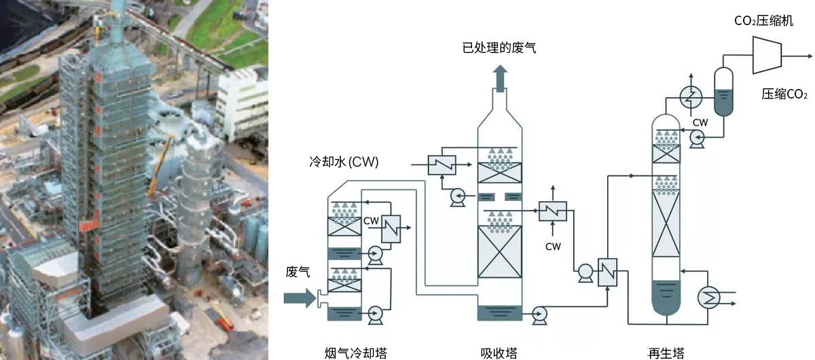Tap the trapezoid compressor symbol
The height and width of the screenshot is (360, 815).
(x=767, y=54)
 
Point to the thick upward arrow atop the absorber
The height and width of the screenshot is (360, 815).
(x=500, y=78)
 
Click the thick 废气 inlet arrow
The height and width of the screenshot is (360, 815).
(x=300, y=298)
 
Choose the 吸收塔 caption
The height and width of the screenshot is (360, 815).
(x=499, y=353)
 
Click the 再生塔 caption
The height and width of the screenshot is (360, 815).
(x=666, y=353)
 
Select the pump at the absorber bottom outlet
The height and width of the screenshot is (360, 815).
(x=540, y=313)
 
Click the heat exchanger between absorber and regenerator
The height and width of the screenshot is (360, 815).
(x=606, y=272)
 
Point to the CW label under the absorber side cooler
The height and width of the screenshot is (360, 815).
(x=553, y=247)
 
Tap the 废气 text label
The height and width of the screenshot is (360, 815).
(x=298, y=272)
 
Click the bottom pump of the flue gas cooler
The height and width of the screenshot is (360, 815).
(x=374, y=313)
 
